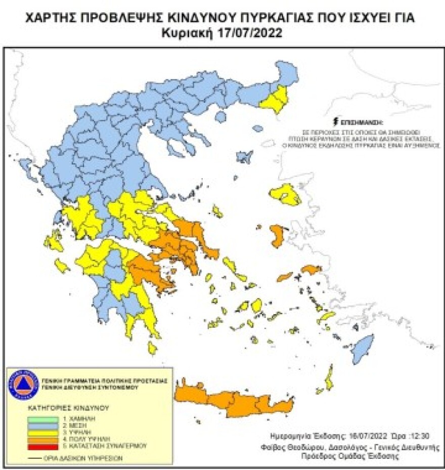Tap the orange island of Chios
277,236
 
